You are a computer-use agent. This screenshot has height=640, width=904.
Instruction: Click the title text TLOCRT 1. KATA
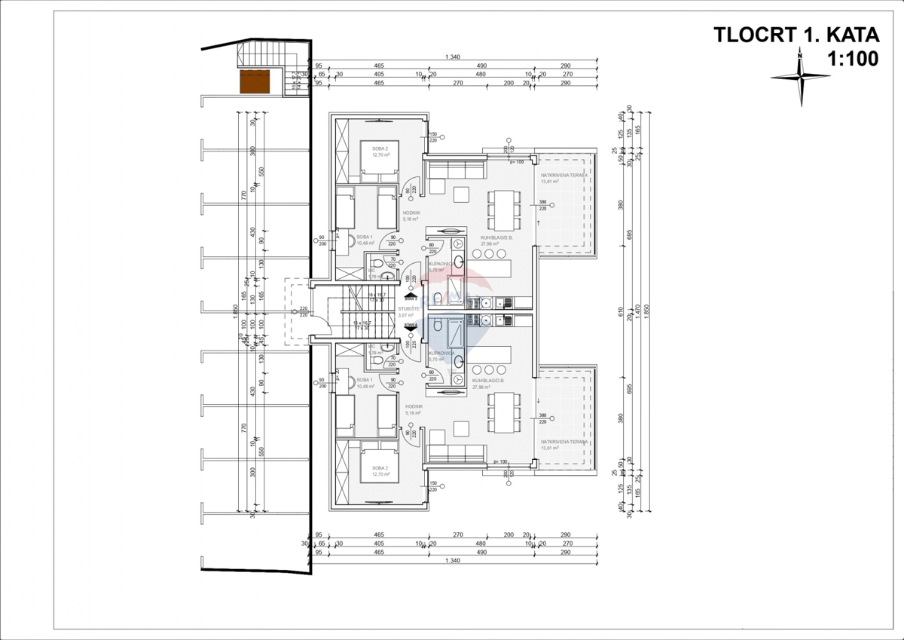[x=796, y=35]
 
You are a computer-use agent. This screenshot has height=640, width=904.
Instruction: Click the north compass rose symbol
[x=799, y=76]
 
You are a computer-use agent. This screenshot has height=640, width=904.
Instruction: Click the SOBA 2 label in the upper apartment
[x=380, y=149]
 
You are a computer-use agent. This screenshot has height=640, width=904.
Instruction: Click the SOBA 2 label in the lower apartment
[x=380, y=467]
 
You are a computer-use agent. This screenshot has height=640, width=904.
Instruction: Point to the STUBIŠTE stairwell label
[x=409, y=308]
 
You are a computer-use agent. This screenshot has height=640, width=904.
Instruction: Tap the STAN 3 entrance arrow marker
[x=410, y=298]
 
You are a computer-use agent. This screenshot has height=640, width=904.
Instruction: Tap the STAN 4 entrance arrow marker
[x=410, y=325]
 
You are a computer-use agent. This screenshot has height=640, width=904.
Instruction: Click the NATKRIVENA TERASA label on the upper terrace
[x=563, y=174]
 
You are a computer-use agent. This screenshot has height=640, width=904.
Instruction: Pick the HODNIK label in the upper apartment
[x=411, y=213]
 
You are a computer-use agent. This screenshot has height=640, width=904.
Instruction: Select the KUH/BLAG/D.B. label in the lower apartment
[x=487, y=381]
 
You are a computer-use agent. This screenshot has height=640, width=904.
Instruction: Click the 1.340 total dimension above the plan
[x=453, y=58]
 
